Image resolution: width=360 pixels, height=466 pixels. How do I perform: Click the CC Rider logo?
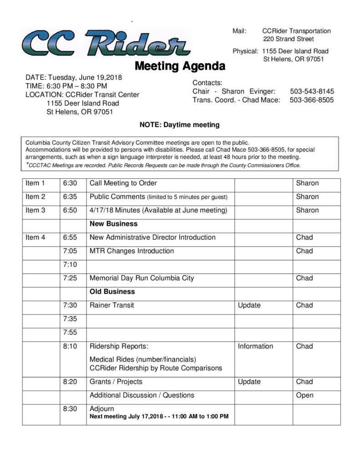click(106, 43)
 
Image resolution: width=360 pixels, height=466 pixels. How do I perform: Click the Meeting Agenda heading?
click(180, 66)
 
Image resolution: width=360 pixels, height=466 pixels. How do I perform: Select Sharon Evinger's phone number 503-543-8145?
click(311, 91)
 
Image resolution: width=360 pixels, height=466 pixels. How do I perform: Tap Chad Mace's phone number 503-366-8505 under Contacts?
click(311, 100)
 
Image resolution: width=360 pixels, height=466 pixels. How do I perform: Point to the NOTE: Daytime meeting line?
click(179, 124)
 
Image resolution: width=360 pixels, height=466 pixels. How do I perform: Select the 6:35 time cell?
click(70, 197)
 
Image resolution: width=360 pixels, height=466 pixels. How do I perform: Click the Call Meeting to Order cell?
click(123, 183)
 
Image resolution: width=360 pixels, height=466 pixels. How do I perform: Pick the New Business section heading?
click(113, 224)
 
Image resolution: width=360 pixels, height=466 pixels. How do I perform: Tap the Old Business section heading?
click(112, 291)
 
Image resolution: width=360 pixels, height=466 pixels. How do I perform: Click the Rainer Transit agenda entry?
click(112, 305)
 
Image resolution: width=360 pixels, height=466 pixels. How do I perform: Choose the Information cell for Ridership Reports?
click(255, 346)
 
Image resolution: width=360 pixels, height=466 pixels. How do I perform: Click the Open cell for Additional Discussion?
click(304, 395)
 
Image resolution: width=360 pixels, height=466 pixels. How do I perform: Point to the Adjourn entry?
click(102, 409)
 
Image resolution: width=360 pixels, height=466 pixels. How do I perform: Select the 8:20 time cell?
click(70, 382)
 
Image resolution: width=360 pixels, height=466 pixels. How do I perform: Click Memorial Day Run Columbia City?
click(142, 278)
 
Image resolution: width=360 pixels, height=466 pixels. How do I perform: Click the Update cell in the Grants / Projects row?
click(249, 382)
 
